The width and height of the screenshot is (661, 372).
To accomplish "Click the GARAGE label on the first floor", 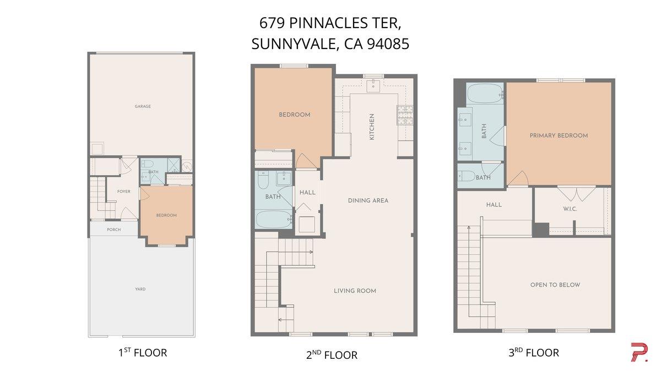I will [x=143, y=106].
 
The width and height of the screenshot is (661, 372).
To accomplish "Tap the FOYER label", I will [x=124, y=192].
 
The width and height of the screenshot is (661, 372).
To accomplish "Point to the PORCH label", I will [x=114, y=229].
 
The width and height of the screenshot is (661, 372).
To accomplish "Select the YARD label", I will [x=140, y=289].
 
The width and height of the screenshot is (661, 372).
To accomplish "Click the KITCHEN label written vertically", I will [x=372, y=126].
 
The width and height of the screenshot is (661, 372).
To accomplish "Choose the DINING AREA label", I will [x=368, y=201].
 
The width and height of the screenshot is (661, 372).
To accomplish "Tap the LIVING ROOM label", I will [x=355, y=290].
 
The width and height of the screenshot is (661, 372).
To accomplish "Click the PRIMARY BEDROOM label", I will [x=559, y=136].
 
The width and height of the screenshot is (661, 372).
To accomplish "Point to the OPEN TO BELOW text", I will [x=555, y=285].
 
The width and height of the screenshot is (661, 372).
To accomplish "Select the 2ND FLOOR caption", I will [x=332, y=355].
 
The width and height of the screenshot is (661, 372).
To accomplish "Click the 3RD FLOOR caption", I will [x=533, y=353].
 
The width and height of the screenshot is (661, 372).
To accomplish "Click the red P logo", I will [x=638, y=352].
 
